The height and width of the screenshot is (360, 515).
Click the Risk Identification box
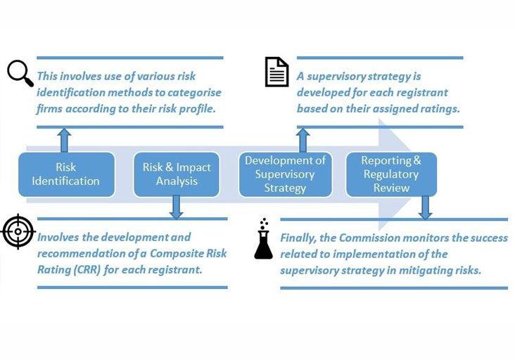coord(67,174)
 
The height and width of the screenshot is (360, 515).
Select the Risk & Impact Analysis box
coord(177,174)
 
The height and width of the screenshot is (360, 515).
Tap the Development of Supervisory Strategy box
coord(285,174)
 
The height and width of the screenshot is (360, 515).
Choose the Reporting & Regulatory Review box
coord(391,174)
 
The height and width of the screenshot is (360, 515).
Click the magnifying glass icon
coord(20,72)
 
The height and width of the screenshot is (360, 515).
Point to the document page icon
coord(276,72)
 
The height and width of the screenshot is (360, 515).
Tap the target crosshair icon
coord(18,232)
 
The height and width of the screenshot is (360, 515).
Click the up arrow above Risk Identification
coord(65,140)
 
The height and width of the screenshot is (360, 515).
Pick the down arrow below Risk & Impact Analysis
coord(177,207)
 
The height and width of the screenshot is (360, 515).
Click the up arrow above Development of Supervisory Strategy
coord(303,140)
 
